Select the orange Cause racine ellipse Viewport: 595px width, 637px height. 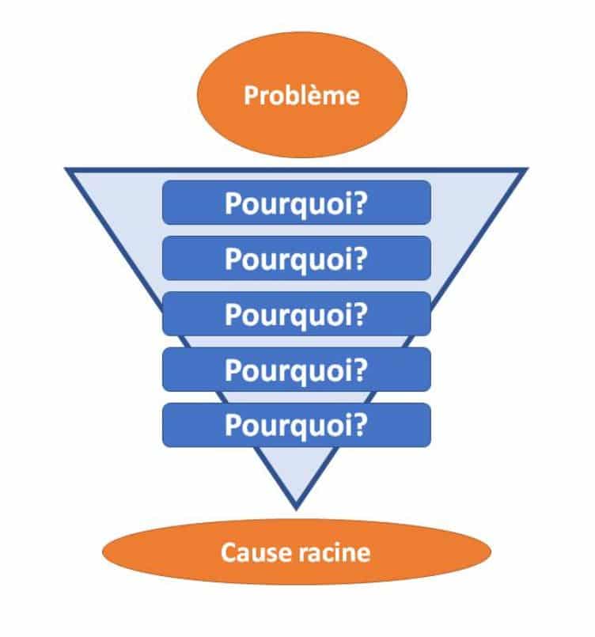coord(295,552)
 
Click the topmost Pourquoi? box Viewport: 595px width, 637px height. coord(296,203)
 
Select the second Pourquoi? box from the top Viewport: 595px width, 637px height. coord(296,258)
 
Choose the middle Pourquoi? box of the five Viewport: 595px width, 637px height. coord(296,313)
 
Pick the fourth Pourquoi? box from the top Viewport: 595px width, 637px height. coord(296,369)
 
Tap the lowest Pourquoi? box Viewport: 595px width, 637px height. coord(296,424)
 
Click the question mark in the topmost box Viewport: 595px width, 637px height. coord(360,203)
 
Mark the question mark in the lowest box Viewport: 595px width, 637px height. coord(360,424)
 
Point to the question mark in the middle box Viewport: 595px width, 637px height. coord(360,313)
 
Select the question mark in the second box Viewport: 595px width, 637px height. coord(360,258)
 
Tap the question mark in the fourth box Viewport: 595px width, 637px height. coord(360,369)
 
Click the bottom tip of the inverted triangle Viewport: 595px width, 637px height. coord(296,506)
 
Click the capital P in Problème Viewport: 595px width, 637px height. coord(250,97)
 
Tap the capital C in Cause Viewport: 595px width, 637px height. coord(229,552)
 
